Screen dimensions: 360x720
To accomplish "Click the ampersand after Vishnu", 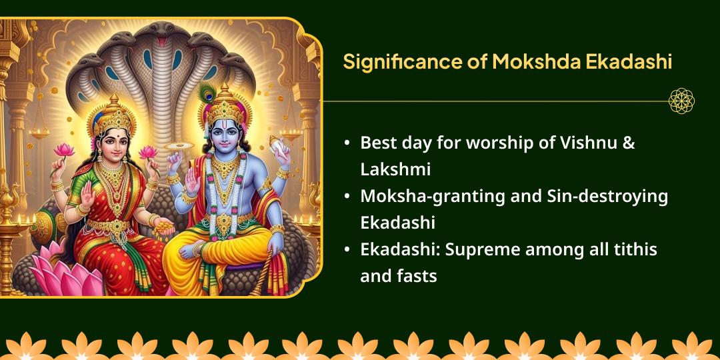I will point(629,143).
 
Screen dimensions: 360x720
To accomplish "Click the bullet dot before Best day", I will point(347,143).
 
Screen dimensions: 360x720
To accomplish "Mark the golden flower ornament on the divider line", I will point(681,101).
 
